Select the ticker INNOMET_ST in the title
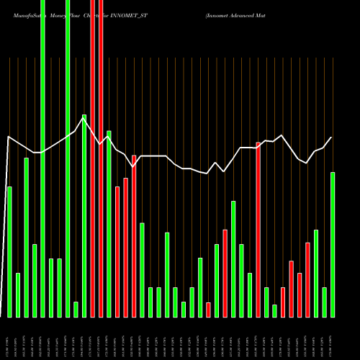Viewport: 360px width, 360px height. point(130,14)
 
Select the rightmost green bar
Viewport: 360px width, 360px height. point(333,245)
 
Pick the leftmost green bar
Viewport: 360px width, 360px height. point(9,252)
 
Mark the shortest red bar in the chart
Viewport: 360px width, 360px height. point(208,310)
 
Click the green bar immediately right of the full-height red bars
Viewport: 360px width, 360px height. point(109,223)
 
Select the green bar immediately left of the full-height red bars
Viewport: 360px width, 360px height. point(84,215)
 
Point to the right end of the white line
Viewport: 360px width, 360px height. point(332,138)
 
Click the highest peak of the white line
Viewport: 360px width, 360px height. point(84,119)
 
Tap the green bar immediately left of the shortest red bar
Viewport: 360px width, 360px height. point(200,287)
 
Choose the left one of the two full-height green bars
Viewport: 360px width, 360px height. point(42,158)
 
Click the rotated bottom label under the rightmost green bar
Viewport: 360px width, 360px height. point(333,338)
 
